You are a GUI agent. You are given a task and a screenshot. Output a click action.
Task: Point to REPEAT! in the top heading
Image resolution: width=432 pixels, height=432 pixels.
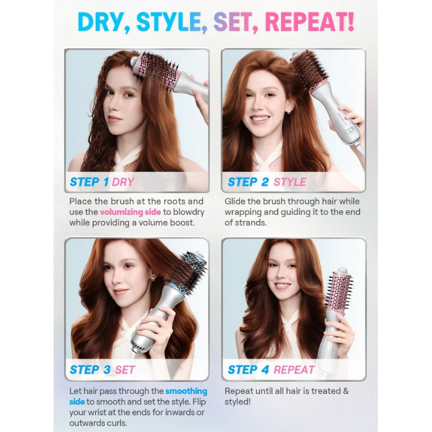(309, 22)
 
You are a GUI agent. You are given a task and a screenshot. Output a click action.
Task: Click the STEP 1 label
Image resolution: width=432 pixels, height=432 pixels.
(89, 182)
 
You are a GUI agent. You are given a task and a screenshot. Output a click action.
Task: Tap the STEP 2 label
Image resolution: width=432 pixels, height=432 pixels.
(248, 182)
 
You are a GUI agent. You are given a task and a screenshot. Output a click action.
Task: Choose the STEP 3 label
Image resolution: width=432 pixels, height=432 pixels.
(90, 370)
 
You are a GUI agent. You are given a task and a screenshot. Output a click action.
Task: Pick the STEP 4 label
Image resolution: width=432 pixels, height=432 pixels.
(248, 370)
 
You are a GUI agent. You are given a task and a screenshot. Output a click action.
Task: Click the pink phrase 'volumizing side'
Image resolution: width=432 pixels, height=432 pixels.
(130, 212)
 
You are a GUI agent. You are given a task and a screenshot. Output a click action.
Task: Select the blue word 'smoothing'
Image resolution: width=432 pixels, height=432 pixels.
(186, 391)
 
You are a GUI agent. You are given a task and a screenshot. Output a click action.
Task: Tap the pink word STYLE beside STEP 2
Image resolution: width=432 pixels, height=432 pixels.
(290, 182)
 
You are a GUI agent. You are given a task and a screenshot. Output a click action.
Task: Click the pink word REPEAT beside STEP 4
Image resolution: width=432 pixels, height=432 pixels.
(294, 370)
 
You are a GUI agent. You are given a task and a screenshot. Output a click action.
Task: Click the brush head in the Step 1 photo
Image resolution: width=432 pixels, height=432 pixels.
(157, 71)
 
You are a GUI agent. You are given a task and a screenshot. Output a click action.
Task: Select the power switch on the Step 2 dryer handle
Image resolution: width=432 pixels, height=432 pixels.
(350, 131)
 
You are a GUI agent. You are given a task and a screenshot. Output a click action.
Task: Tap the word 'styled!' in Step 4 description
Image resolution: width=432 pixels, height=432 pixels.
(237, 402)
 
